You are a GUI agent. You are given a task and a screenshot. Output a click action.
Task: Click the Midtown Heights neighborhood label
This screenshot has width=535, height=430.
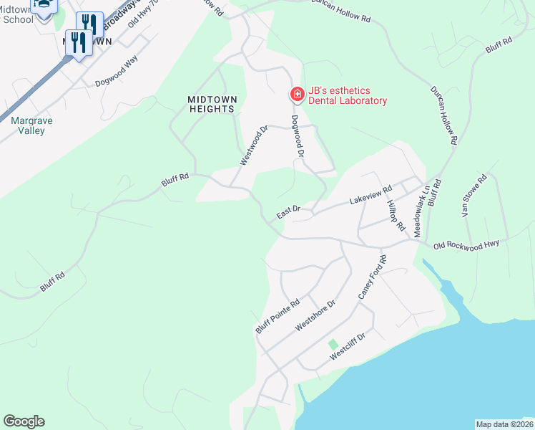coord(211,103)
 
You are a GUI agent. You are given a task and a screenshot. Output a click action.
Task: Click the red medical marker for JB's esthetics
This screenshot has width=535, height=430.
coord(296,94)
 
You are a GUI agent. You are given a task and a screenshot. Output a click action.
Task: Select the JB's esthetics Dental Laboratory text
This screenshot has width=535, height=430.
coord(348,95)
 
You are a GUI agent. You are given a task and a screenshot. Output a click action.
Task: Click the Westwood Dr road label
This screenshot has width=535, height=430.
coord(253,146)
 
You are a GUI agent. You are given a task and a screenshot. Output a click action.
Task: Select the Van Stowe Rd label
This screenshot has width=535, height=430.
coord(473,196)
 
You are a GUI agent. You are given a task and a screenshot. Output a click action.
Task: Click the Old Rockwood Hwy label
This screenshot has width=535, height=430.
coord(466,245)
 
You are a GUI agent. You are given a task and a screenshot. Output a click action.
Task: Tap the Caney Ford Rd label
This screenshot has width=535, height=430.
coord(373,277)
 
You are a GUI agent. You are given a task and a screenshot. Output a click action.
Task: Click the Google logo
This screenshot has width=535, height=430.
coord(24,421)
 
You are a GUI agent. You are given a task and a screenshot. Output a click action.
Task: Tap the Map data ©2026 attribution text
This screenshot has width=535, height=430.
coord(504,424)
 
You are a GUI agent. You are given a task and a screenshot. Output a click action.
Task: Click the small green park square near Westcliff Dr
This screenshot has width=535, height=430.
coord(333,345)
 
